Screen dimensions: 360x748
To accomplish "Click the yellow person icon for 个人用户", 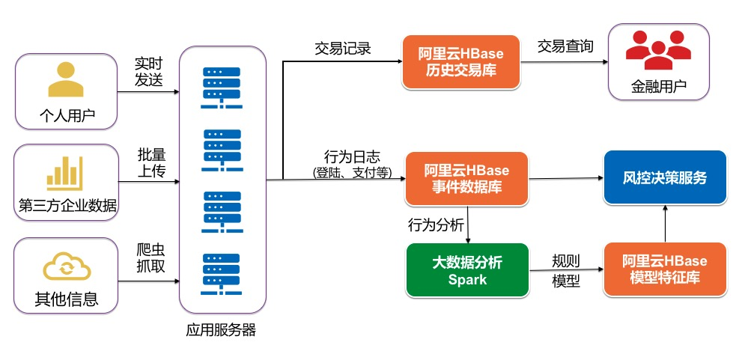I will point(66,80).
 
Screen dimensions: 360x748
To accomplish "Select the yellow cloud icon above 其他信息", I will point(66,266).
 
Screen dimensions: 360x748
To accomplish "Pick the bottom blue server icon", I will point(222,274).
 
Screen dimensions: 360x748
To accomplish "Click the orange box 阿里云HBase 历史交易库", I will point(460,63).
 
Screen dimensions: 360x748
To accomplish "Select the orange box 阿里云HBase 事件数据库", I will point(466,178).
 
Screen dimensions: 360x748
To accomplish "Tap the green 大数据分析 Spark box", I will point(467,271).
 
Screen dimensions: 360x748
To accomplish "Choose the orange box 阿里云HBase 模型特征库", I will point(664,271).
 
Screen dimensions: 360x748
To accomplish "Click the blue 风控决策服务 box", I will point(664,178).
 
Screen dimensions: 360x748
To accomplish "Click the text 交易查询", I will point(565,46).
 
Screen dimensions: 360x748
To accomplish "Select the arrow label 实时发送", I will point(148,71).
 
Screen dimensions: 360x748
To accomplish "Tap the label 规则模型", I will point(565,271).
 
